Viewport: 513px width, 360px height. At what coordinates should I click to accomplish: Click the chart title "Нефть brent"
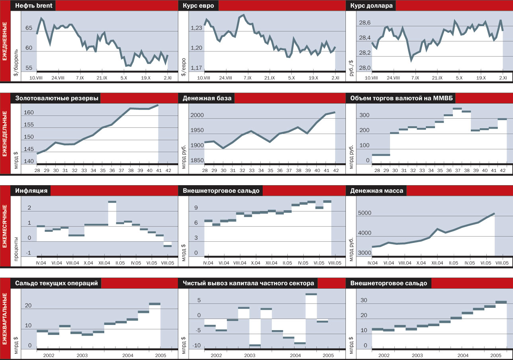coord(35,6)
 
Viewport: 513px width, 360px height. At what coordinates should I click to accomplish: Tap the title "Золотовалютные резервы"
coord(57,98)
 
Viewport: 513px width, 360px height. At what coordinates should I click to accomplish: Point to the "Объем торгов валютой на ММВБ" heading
coord(403,98)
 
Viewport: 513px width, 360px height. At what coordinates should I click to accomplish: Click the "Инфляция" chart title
coord(31,191)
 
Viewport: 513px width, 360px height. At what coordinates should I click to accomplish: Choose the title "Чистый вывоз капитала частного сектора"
coord(248,283)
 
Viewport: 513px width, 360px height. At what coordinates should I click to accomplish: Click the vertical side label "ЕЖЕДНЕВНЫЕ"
coord(5,41)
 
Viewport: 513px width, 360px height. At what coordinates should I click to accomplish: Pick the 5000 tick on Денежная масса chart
coord(364,213)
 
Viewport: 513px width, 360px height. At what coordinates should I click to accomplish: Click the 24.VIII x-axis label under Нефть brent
coord(58,78)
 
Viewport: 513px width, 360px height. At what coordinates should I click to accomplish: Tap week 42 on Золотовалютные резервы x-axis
coord(168,170)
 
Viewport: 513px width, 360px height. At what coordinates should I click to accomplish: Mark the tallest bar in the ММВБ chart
coord(457,108)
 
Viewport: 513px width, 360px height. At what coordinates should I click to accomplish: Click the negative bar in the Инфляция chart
coord(168,246)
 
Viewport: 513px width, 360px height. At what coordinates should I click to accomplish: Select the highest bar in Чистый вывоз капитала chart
coord(311,294)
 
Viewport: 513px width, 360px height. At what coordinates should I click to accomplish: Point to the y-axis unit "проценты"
coord(16,247)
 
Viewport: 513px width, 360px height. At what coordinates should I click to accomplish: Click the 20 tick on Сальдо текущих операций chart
coord(28,305)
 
